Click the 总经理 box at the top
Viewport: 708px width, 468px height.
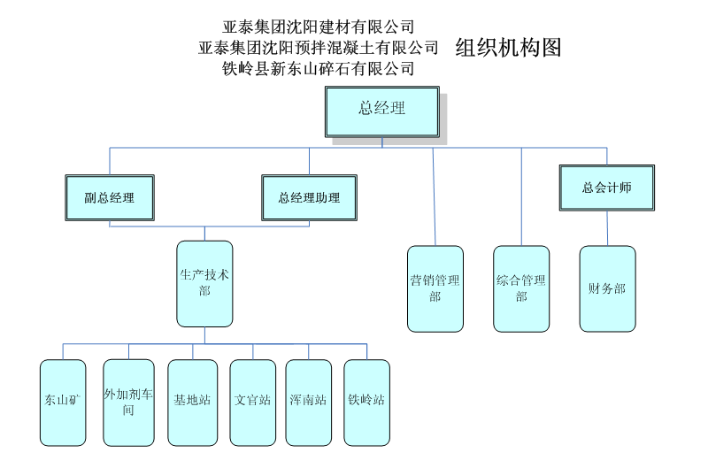click(381, 111)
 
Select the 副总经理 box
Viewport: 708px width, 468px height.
click(110, 197)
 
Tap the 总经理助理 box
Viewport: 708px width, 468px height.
click(309, 197)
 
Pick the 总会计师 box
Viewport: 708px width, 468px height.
click(606, 188)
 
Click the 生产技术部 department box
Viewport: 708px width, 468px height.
click(204, 283)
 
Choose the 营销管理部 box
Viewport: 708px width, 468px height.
click(435, 288)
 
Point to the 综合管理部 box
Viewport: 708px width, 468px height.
click(521, 288)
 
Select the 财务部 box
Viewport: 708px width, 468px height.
click(607, 288)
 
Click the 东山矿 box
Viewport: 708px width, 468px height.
click(63, 402)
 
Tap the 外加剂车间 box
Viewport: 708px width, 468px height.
click(128, 402)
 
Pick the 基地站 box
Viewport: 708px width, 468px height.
click(192, 402)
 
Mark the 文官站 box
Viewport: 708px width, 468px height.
click(253, 402)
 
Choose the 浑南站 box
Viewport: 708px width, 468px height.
click(309, 402)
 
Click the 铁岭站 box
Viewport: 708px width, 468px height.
click(366, 402)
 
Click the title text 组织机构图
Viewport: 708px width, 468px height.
click(508, 47)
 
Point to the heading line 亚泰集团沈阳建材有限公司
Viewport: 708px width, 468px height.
click(319, 27)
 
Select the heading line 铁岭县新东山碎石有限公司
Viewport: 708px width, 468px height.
click(319, 68)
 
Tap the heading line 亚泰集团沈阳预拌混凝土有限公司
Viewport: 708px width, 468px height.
click(319, 47)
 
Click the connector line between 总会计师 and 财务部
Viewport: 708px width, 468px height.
click(607, 228)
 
